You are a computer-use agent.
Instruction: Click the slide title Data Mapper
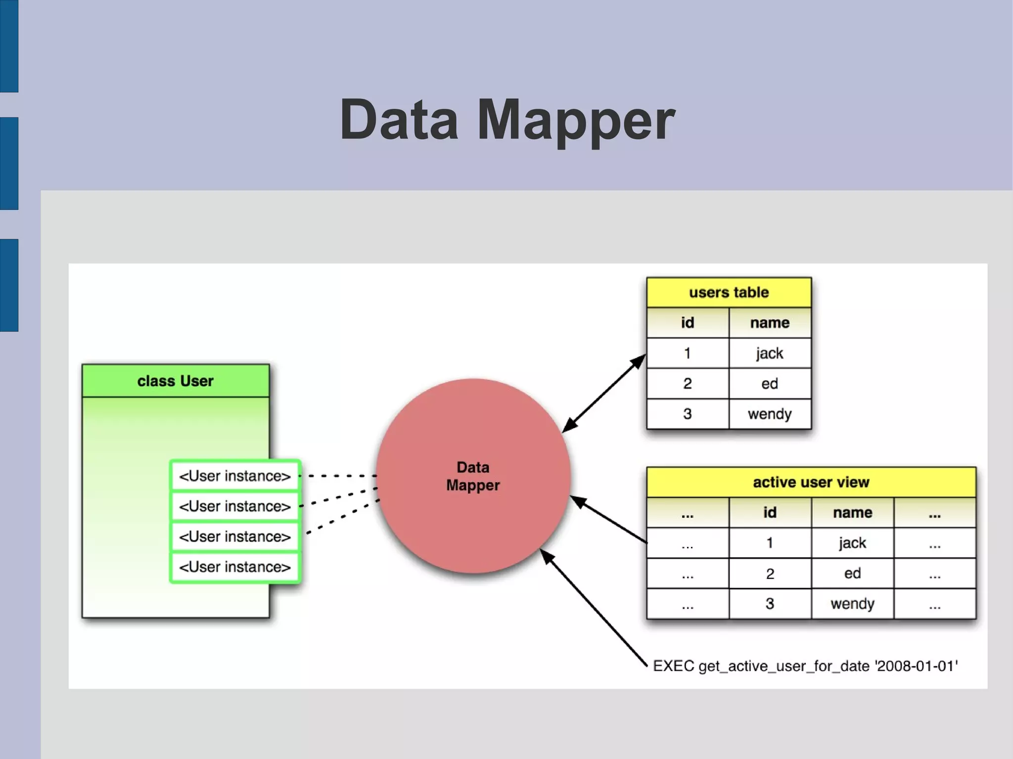(x=507, y=120)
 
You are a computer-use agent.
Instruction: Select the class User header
(x=176, y=381)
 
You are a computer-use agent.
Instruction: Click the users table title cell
(x=729, y=292)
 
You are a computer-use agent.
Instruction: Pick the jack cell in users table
(x=770, y=354)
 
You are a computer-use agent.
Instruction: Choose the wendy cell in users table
(x=770, y=414)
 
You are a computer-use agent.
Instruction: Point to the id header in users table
(x=688, y=323)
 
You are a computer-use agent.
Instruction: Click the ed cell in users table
(x=770, y=384)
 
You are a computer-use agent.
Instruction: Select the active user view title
(x=811, y=482)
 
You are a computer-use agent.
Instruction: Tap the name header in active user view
(x=852, y=513)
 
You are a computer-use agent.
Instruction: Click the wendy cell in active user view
(x=852, y=604)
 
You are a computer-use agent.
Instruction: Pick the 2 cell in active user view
(x=770, y=574)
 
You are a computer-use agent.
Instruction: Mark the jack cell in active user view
(x=852, y=543)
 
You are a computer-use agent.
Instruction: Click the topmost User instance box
(x=235, y=476)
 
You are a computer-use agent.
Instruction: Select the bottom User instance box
(x=235, y=567)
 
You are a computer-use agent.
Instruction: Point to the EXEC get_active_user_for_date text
(x=805, y=666)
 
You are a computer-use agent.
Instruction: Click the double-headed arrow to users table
(x=604, y=393)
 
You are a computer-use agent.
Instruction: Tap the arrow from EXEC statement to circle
(x=594, y=608)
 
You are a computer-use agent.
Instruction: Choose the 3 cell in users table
(x=688, y=414)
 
